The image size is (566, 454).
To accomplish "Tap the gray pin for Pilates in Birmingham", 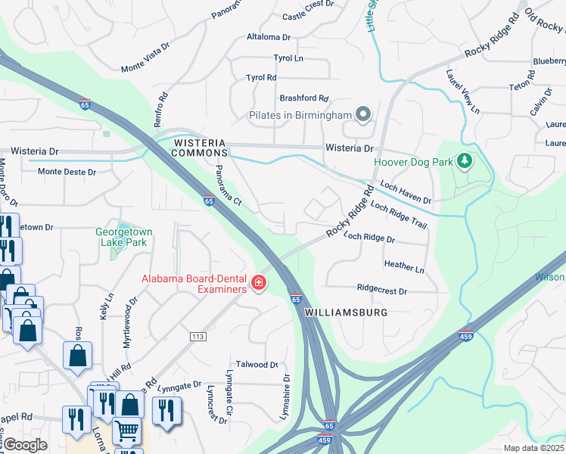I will (x=363, y=115).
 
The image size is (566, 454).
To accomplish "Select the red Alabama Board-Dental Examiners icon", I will (x=259, y=283).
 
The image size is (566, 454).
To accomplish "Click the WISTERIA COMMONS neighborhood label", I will (x=200, y=148).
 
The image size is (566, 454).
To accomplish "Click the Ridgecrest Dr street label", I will (x=381, y=291).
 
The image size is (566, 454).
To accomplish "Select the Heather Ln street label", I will (x=404, y=267).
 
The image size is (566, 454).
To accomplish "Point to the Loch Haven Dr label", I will (x=406, y=192).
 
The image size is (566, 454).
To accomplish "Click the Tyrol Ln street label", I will (x=288, y=58).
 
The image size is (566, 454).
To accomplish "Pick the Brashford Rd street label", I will (x=304, y=98).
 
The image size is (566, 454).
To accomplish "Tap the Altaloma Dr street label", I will (x=269, y=36).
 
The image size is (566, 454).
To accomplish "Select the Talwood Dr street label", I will (x=257, y=365).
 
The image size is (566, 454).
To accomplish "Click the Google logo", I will (x=26, y=445).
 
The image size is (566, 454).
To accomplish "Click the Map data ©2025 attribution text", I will (x=533, y=448).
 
